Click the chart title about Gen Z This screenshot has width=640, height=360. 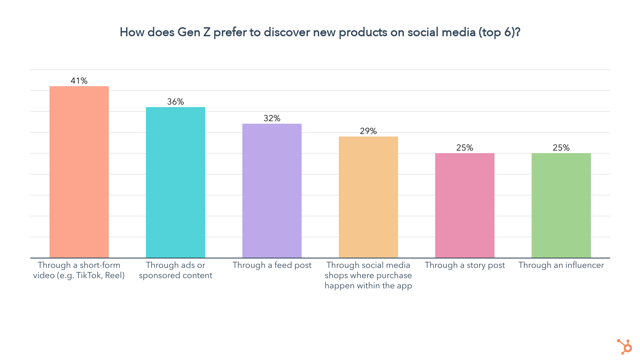pyautogui.click(x=320, y=32)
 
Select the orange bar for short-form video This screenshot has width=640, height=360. pyautogui.click(x=79, y=172)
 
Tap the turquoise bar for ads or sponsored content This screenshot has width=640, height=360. pyautogui.click(x=175, y=182)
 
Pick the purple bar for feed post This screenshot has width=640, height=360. pyautogui.click(x=272, y=190)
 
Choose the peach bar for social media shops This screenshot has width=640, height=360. pyautogui.click(x=368, y=197)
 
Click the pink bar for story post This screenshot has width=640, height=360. pyautogui.click(x=465, y=205)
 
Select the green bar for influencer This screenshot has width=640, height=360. pyautogui.click(x=561, y=205)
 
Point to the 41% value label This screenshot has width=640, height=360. pyautogui.click(x=79, y=80)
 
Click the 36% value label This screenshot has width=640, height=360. pyautogui.click(x=175, y=101)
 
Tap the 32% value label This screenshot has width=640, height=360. pyautogui.click(x=272, y=118)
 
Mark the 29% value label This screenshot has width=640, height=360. pyautogui.click(x=368, y=131)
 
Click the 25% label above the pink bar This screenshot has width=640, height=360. pyautogui.click(x=465, y=147)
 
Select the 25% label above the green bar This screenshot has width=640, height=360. pyautogui.click(x=561, y=147)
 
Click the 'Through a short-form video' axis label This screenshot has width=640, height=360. pyautogui.click(x=79, y=270)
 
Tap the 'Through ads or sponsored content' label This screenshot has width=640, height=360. pyautogui.click(x=175, y=270)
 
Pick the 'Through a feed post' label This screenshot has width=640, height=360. pyautogui.click(x=272, y=265)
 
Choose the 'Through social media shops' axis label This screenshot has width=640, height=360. pyautogui.click(x=368, y=275)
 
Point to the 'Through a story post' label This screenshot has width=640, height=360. pyautogui.click(x=465, y=265)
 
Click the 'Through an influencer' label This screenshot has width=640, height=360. pyautogui.click(x=561, y=265)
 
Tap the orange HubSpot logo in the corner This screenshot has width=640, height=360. pyautogui.click(x=624, y=346)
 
